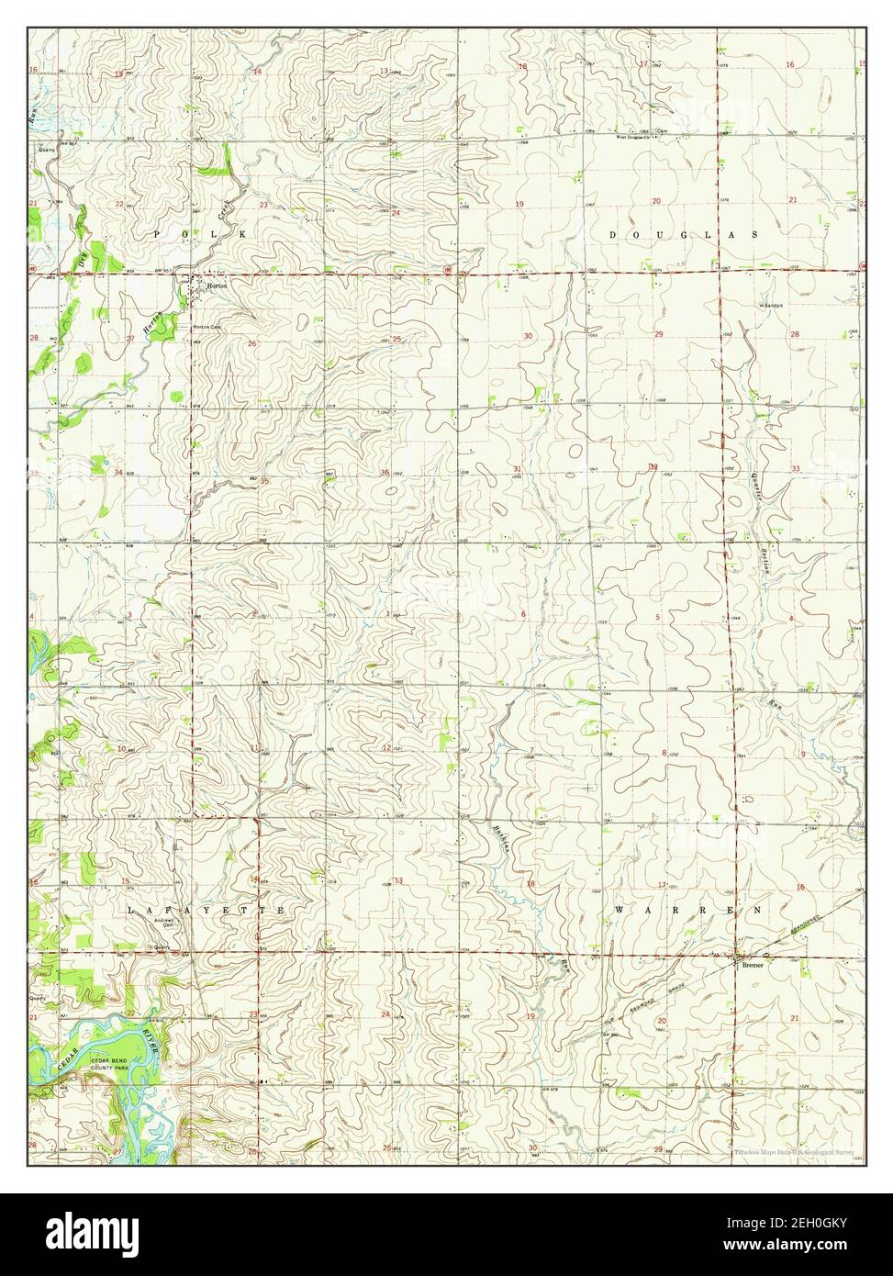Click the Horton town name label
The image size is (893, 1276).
pyautogui.click(x=216, y=285)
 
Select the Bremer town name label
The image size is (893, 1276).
pyautogui.click(x=753, y=965)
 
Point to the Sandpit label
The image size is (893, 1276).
pyautogui.click(x=774, y=305)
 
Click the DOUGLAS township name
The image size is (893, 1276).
pyautogui.click(x=684, y=235)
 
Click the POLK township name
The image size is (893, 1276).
pyautogui.click(x=200, y=235)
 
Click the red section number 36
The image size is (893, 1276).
pyautogui.click(x=385, y=473)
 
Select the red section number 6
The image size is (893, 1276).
pyautogui.click(x=523, y=614)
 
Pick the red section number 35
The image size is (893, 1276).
pyautogui.click(x=264, y=480)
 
